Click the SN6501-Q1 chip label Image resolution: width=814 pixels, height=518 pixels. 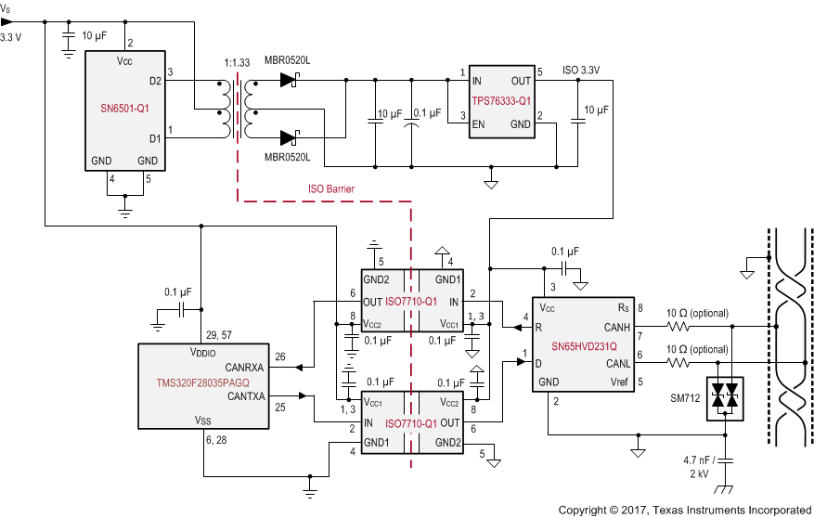(x=124, y=108)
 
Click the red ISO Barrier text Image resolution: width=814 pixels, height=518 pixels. (x=331, y=188)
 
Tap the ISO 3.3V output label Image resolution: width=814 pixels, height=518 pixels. (x=581, y=70)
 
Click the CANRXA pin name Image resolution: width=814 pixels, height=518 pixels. (x=245, y=368)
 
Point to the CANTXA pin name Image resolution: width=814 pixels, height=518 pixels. (x=245, y=396)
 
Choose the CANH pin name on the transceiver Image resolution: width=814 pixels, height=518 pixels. (x=616, y=327)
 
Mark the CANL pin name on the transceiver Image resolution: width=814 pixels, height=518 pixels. (x=617, y=362)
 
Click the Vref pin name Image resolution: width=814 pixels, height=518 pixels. (x=619, y=381)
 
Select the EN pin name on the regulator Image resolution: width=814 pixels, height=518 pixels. (x=479, y=123)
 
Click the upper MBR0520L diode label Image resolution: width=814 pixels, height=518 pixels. (x=286, y=60)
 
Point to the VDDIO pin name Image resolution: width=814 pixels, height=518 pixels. (x=203, y=353)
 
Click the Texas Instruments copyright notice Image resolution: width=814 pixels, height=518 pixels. (x=685, y=510)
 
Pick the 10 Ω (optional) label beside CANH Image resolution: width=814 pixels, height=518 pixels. (x=697, y=313)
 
